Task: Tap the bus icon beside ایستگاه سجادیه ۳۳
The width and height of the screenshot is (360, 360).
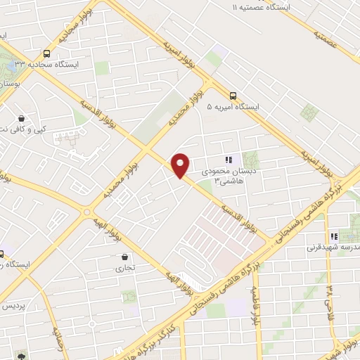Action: [46, 53]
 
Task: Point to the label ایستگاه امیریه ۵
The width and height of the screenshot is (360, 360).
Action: [233, 107]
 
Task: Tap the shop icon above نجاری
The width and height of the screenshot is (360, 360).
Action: [125, 257]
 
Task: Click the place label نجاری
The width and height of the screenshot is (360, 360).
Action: [125, 268]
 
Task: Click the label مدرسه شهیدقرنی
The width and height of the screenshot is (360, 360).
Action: [333, 247]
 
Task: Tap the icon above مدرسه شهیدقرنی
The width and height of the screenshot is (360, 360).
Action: [333, 236]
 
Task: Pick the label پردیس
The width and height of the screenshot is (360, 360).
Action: [13, 307]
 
